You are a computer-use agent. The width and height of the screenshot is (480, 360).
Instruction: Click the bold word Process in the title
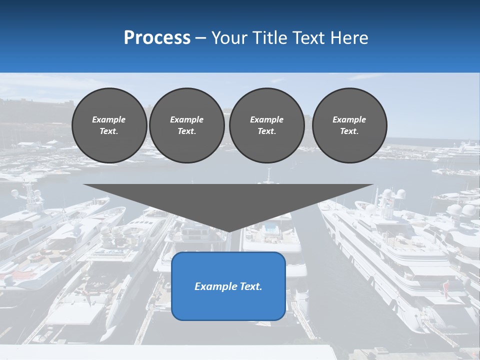pos(157,38)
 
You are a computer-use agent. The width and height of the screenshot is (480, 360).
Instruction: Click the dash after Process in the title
pos(200,38)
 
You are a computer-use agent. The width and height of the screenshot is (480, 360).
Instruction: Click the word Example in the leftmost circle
pos(109,119)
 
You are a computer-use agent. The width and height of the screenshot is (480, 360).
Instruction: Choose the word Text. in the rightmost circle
pos(349,131)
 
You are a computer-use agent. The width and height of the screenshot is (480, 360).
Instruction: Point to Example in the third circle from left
pos(266,119)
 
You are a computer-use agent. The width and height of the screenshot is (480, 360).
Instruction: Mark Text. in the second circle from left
pos(186,131)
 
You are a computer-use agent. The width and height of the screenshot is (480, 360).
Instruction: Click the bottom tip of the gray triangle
pos(228,231)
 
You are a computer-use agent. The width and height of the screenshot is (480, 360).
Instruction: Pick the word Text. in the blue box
pos(251,286)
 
